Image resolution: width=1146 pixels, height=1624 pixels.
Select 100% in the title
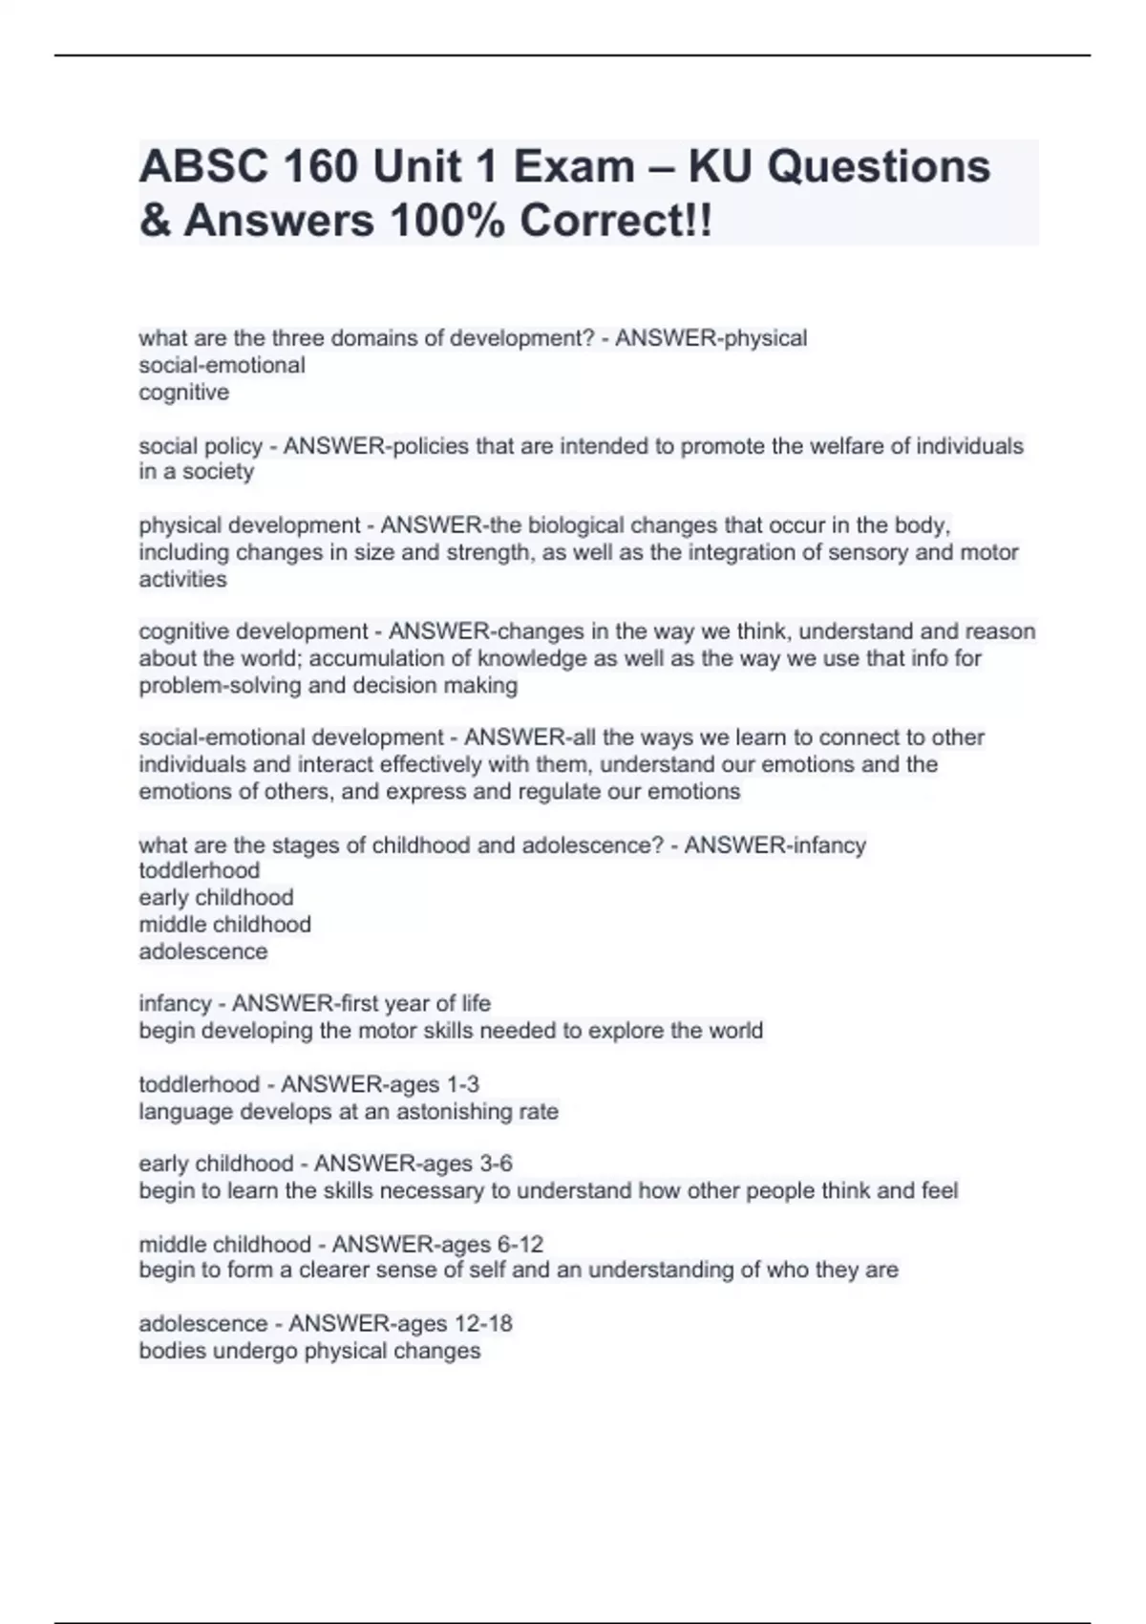coord(448,221)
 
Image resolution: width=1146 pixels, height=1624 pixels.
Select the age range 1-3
coord(463,1084)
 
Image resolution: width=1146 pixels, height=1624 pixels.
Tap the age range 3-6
coord(496,1164)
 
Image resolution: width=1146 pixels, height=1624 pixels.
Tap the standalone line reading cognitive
coord(184,393)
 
